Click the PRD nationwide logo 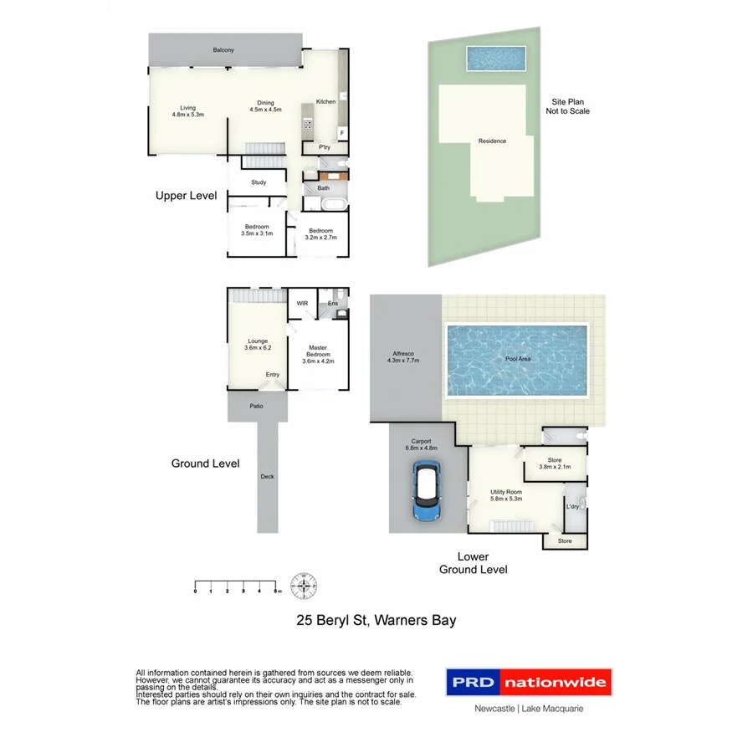point(527,682)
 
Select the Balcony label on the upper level point(223,50)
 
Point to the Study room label point(259,182)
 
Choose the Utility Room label point(506,495)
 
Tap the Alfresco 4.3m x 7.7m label point(402,357)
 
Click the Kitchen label point(325,102)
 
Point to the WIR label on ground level point(301,304)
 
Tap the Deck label point(267,477)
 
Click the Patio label point(255,407)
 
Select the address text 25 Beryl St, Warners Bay point(376,621)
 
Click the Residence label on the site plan point(492,141)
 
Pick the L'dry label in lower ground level point(573,507)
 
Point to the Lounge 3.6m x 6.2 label point(256,344)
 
